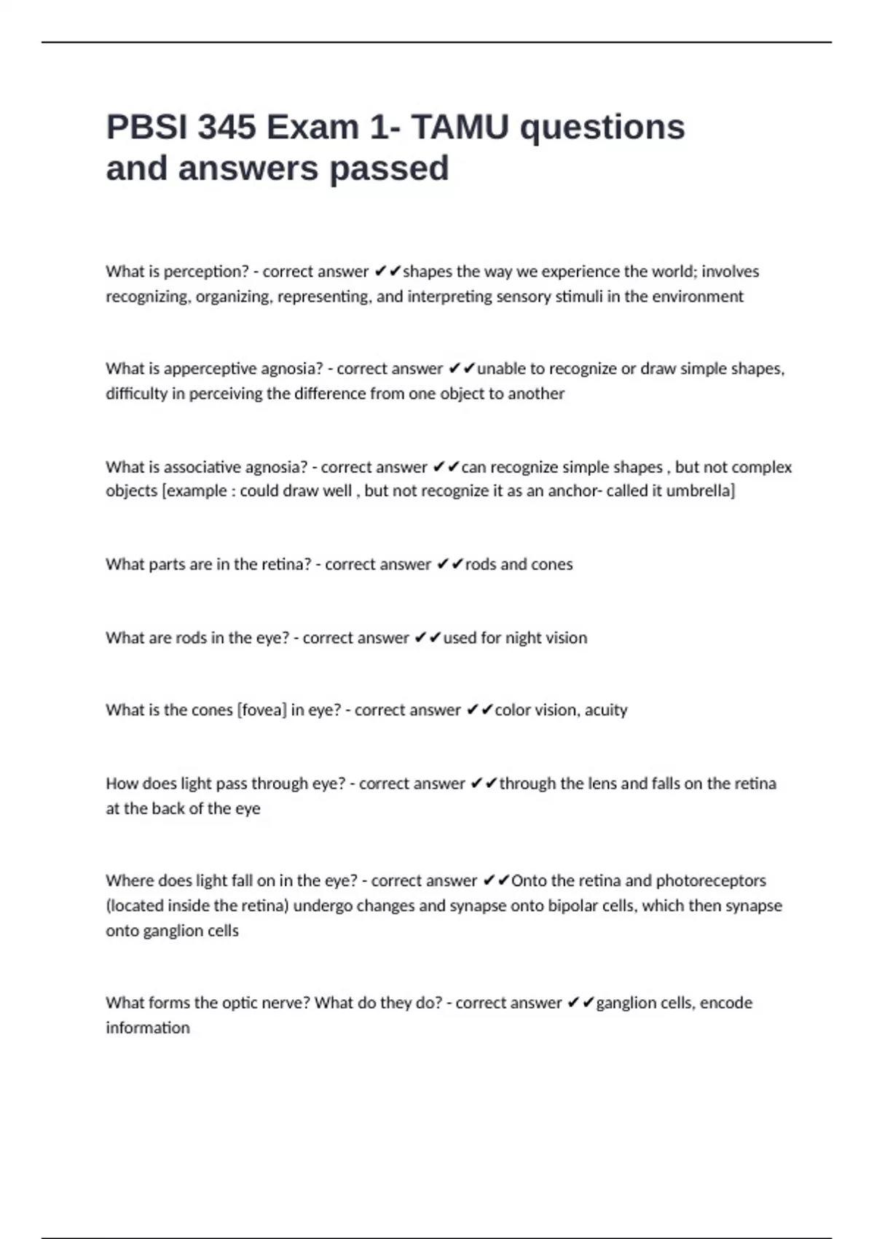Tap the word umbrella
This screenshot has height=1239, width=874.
coord(699,490)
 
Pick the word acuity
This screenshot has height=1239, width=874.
coord(606,710)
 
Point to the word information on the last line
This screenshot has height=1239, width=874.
coord(148,1028)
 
